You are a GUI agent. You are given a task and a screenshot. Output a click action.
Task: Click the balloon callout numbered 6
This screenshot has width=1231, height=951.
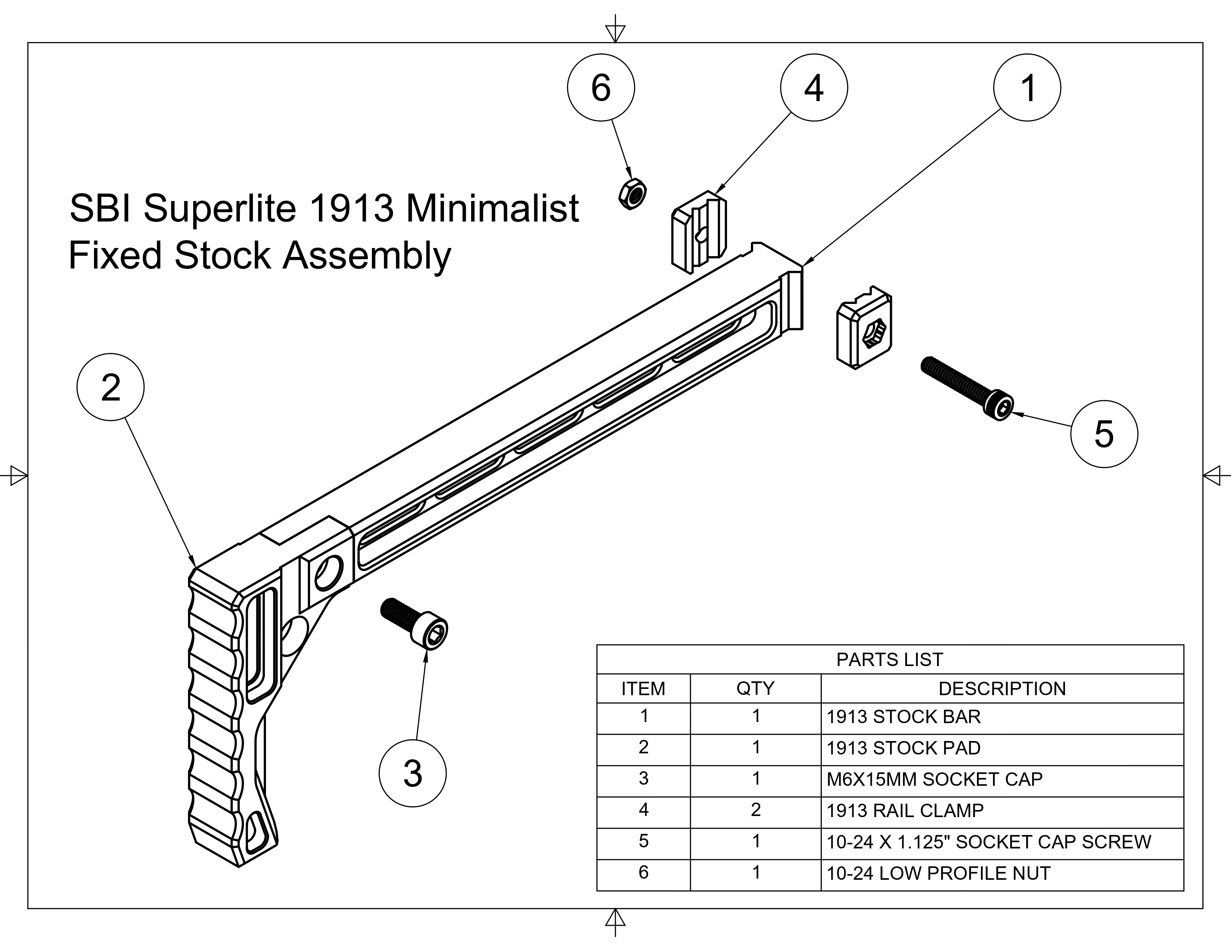601,88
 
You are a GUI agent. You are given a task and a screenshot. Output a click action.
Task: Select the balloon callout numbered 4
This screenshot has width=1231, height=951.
814,88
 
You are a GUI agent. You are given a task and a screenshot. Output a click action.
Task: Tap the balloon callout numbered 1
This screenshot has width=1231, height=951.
1027,88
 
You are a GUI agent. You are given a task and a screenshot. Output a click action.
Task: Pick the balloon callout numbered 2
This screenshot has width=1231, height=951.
110,387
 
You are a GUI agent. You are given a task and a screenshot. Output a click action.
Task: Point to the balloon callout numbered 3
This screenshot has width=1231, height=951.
413,773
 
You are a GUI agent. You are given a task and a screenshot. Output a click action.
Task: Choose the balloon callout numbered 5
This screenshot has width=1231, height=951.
1104,434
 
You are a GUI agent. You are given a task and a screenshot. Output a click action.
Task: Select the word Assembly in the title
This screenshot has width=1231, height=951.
366,255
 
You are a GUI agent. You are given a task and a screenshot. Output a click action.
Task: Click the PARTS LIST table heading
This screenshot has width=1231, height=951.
889,659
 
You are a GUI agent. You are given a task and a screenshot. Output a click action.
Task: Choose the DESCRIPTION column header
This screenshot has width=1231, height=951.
1002,688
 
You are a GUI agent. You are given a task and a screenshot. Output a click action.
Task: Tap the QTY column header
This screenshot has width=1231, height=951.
755,688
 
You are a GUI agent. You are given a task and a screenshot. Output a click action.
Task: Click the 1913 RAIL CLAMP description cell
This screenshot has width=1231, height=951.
905,810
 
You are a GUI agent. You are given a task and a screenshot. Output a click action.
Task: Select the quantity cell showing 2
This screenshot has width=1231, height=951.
756,810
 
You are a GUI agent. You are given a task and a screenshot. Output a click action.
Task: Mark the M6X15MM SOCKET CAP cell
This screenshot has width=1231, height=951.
934,779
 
